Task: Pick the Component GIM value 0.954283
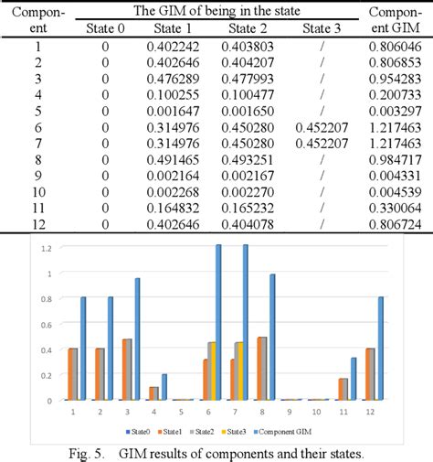(x=396, y=78)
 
